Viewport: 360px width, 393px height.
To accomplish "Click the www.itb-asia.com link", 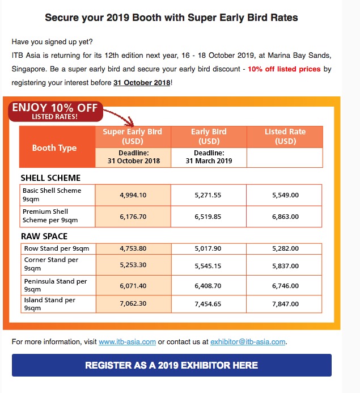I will point(127,342).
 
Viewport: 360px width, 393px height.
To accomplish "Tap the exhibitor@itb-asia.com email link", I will point(248,342).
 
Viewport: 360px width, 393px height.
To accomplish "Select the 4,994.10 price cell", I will point(133,195).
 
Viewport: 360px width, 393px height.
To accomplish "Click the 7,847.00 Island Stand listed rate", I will point(285,303).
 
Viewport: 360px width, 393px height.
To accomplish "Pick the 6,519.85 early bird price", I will point(209,216).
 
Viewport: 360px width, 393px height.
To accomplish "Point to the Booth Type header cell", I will point(54,148).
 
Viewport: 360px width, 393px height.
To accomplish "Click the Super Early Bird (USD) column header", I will point(133,136).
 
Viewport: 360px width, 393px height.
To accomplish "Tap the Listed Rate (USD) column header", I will point(285,136).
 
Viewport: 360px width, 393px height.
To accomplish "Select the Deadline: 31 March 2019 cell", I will point(209,157).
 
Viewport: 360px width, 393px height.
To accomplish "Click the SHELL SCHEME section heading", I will point(50,178).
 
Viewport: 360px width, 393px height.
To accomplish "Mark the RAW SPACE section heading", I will point(44,236).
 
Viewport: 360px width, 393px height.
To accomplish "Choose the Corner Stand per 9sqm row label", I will point(52,264).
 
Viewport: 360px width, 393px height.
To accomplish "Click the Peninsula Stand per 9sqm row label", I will point(55,285).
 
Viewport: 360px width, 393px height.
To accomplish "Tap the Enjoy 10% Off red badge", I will point(55,111).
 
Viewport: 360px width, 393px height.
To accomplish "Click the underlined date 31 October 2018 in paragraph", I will point(142,83).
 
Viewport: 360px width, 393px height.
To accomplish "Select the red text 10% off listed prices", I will point(284,69).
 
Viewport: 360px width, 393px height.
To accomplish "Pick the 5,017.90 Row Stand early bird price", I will point(209,248).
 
